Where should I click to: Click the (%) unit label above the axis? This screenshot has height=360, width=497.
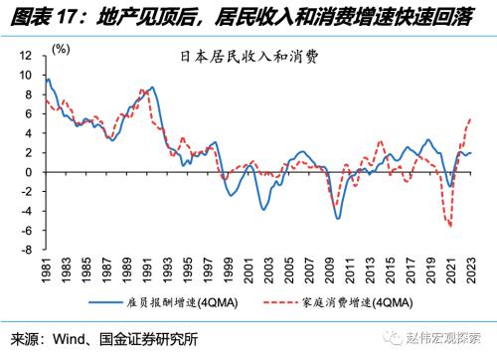pyautogui.click(x=61, y=48)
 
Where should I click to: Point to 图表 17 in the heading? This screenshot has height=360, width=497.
pyautogui.click(x=37, y=14)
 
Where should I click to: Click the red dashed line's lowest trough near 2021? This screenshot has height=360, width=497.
pyautogui.click(x=450, y=227)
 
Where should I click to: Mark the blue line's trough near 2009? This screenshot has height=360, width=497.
pyautogui.click(x=338, y=218)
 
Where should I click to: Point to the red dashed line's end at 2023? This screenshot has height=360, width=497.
pyautogui.click(x=470, y=118)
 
